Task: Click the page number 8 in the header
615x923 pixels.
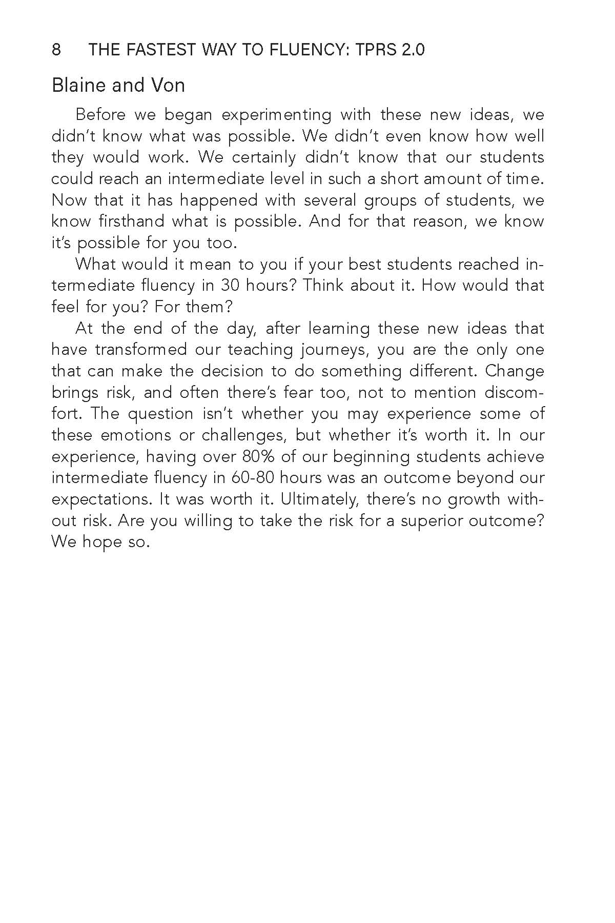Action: coord(56,50)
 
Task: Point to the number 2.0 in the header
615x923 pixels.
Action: coord(410,50)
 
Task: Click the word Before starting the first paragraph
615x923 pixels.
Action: coord(100,114)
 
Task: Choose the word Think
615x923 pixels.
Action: coord(323,286)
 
